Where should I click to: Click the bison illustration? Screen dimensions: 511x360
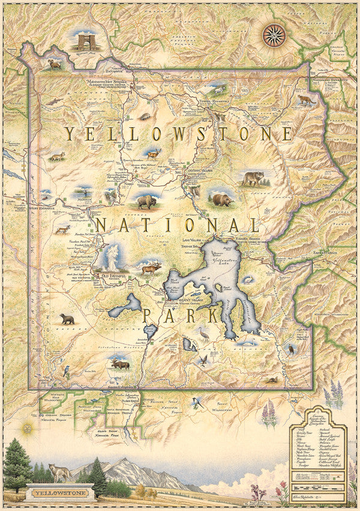pyautogui.click(x=145, y=201)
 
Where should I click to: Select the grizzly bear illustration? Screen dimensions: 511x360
pyautogui.click(x=221, y=199)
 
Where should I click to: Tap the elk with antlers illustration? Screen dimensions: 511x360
pyautogui.click(x=149, y=269)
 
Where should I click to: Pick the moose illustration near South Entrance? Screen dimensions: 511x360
pyautogui.click(x=120, y=364)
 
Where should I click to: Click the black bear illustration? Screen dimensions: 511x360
pyautogui.click(x=67, y=319)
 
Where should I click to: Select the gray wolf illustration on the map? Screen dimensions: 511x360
pyautogui.click(x=253, y=178)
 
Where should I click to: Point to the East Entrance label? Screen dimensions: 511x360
pyautogui.click(x=325, y=253)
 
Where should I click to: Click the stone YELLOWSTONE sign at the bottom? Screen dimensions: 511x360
pyautogui.click(x=60, y=494)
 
